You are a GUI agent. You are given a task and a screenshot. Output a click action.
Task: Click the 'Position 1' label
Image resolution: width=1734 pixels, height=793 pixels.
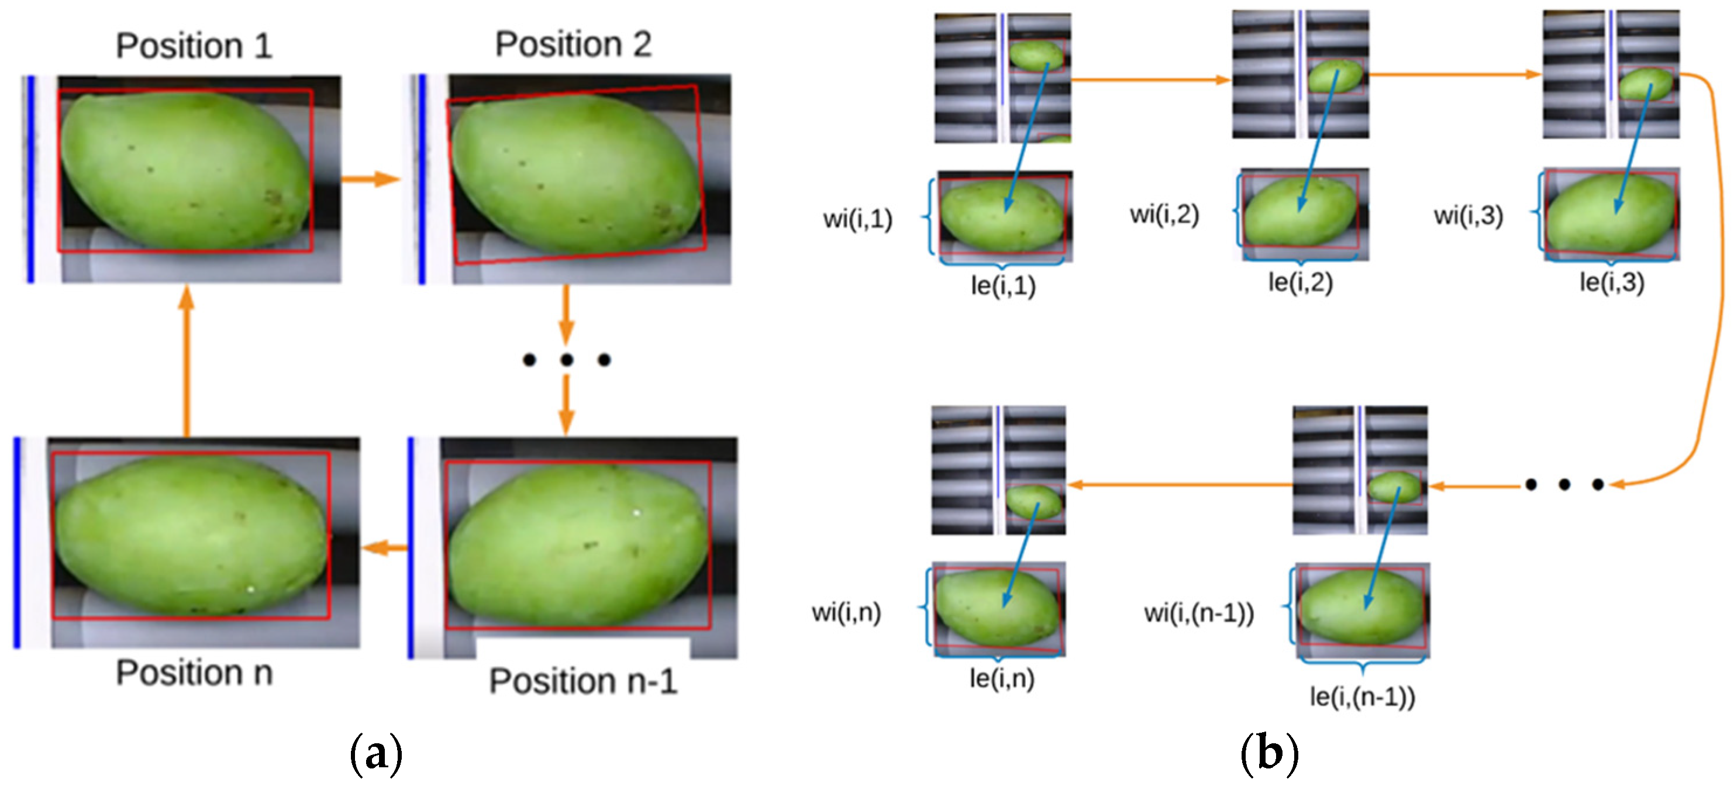pos(194,46)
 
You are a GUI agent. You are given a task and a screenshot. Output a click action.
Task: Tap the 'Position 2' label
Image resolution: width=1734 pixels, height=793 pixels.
pos(574,44)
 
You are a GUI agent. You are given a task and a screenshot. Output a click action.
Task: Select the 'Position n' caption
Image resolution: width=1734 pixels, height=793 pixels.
pos(194,673)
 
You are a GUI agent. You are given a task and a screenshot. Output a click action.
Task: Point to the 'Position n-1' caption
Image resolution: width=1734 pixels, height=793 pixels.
pos(583,681)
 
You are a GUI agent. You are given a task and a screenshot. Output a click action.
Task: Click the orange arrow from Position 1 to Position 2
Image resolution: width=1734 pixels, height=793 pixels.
pos(370,179)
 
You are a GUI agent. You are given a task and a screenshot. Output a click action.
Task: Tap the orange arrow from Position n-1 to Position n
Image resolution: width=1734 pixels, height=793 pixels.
pos(384,547)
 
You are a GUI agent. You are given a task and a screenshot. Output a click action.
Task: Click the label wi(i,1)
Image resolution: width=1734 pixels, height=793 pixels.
pos(857,219)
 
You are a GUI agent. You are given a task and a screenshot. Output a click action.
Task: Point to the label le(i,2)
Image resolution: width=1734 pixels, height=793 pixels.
pos(1301,282)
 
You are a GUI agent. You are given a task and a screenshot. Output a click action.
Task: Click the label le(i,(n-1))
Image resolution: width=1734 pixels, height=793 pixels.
pos(1363,696)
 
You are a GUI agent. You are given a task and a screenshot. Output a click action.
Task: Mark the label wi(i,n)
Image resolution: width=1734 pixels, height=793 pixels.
pos(846,613)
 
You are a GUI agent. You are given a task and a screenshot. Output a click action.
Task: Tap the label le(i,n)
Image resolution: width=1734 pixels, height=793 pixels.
pos(1002,678)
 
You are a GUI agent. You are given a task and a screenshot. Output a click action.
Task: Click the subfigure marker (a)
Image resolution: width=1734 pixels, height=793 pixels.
pos(376,754)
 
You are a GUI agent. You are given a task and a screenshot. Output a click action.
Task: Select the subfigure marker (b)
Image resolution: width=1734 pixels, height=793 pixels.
pos(1269,753)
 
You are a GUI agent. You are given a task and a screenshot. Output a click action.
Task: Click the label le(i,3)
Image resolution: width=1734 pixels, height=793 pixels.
pos(1612,282)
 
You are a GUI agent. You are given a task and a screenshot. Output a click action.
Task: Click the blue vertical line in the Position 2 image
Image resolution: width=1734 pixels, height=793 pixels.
pos(422,178)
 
